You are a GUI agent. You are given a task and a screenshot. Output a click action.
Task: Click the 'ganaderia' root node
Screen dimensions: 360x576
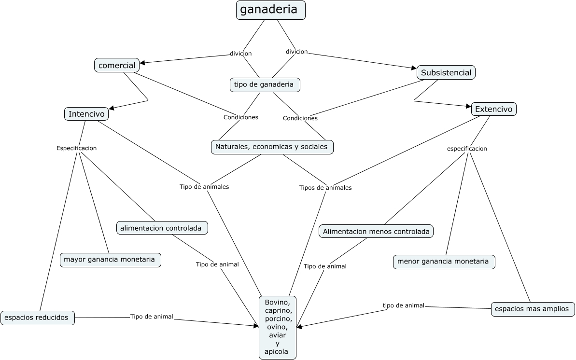click(x=270, y=10)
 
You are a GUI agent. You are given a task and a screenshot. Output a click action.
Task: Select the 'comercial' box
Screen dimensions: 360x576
click(x=117, y=65)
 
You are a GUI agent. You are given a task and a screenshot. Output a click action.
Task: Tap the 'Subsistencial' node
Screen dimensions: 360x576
click(x=446, y=72)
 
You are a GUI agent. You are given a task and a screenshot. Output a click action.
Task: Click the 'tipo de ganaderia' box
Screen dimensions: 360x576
click(x=264, y=84)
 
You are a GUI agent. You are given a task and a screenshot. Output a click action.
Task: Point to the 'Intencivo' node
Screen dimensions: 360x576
click(x=86, y=114)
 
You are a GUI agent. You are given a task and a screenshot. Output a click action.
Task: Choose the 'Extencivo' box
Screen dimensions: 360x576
click(x=493, y=109)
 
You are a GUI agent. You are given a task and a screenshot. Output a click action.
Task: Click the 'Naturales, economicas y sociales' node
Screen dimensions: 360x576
click(x=272, y=147)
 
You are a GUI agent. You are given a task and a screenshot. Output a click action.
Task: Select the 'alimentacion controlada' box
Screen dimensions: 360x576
click(x=162, y=228)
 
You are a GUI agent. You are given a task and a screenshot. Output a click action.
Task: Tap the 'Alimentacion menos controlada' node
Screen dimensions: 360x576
click(x=376, y=231)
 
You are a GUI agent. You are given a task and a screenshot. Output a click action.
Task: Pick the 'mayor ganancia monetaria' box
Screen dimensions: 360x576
click(x=110, y=260)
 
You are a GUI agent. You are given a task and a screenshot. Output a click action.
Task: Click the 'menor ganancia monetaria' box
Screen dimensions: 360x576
click(x=444, y=262)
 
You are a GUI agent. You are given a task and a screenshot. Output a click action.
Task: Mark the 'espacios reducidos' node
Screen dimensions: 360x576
click(x=38, y=318)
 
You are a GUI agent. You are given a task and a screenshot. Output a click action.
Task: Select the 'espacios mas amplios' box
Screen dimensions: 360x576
click(x=533, y=309)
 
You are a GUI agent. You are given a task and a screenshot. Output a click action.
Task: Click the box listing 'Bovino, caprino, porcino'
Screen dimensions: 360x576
click(x=277, y=328)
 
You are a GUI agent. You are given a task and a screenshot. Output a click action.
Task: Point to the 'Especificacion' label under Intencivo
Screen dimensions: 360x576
click(x=76, y=148)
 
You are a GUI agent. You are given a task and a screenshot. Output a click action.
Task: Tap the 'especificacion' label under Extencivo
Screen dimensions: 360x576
click(x=467, y=149)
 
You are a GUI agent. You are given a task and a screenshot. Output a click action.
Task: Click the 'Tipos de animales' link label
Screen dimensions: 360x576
click(x=325, y=188)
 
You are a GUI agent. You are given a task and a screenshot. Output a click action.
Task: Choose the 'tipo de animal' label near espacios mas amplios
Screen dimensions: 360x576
click(x=404, y=305)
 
